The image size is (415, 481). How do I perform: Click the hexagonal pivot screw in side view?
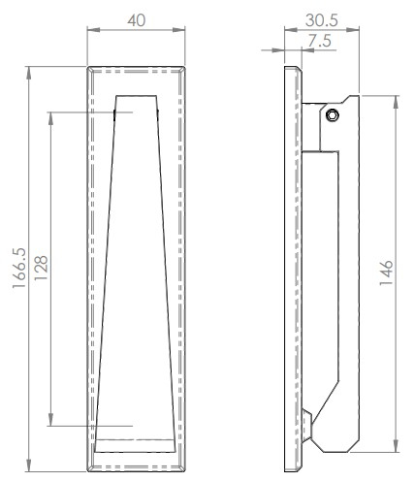pyautogui.click(x=333, y=115)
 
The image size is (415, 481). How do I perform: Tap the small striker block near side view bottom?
pyautogui.click(x=306, y=427)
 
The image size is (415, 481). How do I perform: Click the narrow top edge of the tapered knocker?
pyautogui.click(x=135, y=96)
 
